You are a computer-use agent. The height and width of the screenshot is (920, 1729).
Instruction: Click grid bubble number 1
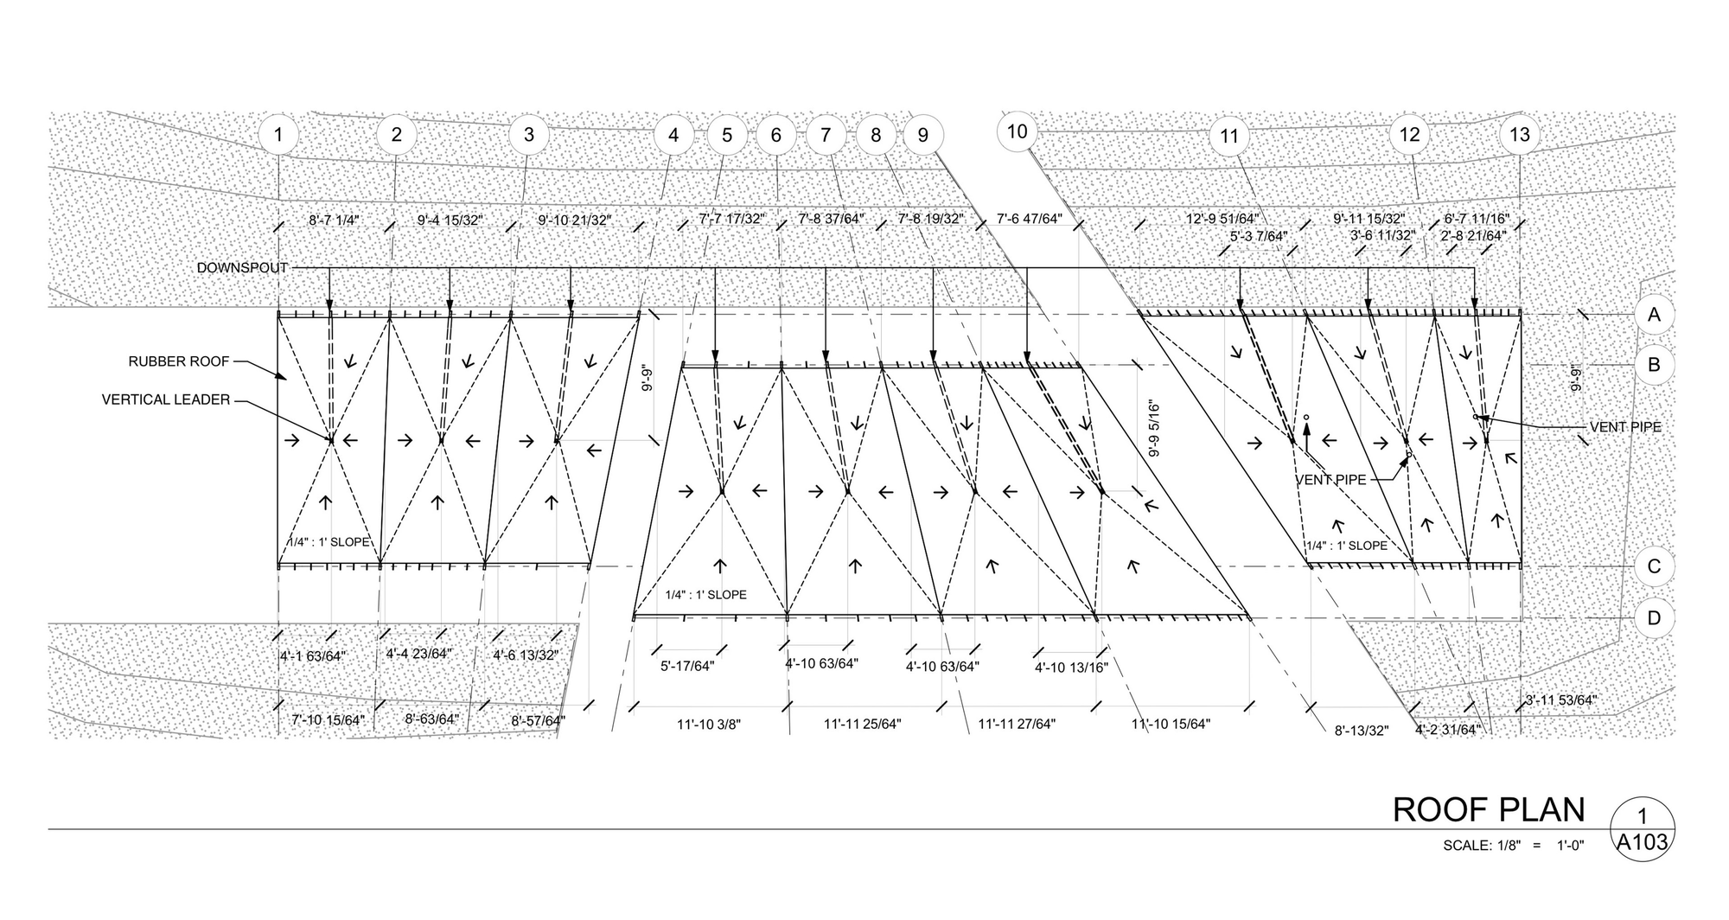(x=278, y=135)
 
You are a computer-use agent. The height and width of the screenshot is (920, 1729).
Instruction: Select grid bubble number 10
(x=1017, y=131)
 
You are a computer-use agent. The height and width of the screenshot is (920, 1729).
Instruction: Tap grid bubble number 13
(x=1519, y=135)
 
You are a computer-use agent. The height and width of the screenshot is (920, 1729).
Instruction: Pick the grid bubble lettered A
(x=1654, y=315)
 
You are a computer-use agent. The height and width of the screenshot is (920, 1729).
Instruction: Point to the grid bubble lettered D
(x=1654, y=618)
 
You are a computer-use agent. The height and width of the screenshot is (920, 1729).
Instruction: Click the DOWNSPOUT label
(x=242, y=268)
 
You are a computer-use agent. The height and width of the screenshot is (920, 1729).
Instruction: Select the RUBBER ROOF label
(x=179, y=361)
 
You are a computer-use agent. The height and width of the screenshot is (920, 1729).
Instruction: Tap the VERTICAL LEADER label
(x=166, y=399)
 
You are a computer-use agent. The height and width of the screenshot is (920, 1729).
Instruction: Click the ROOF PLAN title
(x=1489, y=810)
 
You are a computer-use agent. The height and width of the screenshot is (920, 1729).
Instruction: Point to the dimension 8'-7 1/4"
(x=335, y=220)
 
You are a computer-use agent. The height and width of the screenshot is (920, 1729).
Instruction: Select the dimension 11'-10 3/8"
(x=709, y=725)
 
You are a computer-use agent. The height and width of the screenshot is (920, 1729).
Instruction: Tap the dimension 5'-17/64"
(x=687, y=667)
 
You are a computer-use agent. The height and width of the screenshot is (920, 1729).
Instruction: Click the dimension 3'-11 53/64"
(x=1560, y=700)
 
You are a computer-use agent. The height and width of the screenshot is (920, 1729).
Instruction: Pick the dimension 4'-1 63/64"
(x=312, y=656)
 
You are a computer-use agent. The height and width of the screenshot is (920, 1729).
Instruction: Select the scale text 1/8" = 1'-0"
(x=1513, y=846)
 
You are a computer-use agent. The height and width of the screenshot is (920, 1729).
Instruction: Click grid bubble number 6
(x=775, y=135)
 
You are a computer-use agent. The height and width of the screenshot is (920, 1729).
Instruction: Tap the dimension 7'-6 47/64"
(x=1029, y=220)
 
